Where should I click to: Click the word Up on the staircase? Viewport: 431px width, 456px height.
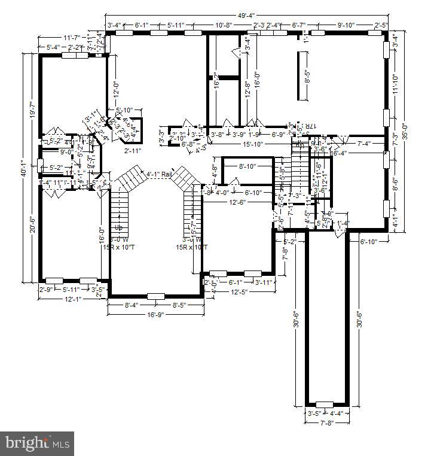coord(119,228)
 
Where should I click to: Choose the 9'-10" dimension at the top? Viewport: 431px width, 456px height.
coord(346,25)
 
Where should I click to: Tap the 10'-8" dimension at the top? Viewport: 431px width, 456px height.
coord(224,25)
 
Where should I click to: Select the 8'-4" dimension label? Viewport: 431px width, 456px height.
coord(133,305)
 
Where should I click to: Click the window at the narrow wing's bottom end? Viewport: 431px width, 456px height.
coord(325,405)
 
